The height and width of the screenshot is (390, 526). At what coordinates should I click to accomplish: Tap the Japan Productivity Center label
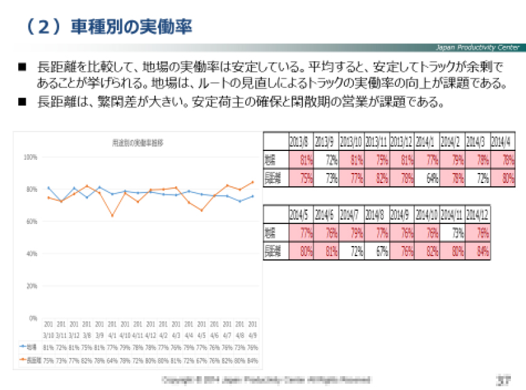pos(478,48)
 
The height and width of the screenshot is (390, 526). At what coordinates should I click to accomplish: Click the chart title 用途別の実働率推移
pos(137,143)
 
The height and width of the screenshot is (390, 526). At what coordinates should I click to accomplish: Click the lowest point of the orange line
pos(112,216)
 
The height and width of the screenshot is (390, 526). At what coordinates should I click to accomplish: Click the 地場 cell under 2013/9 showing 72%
pos(327,159)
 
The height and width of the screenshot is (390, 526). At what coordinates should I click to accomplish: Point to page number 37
pos(501,380)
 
